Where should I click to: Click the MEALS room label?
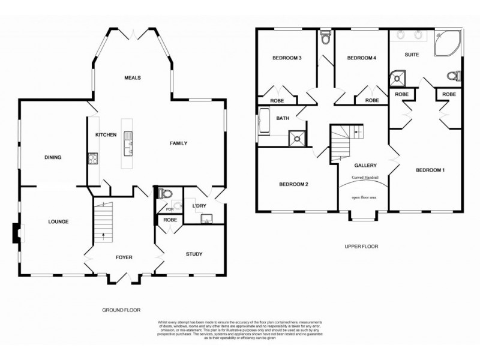pyautogui.click(x=132, y=77)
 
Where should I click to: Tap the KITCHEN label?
pyautogui.click(x=106, y=135)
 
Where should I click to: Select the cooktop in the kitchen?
pyautogui.click(x=93, y=158)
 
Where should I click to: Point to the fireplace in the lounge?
pyautogui.click(x=16, y=233)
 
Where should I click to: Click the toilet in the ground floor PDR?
pyautogui.click(x=164, y=193)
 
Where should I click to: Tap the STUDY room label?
pyautogui.click(x=194, y=254)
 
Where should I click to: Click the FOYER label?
pyautogui.click(x=124, y=257)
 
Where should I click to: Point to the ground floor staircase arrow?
pyautogui.click(x=102, y=234)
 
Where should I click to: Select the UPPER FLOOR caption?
pyautogui.click(x=361, y=246)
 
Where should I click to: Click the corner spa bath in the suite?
pyautogui.click(x=448, y=41)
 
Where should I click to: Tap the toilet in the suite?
pyautogui.click(x=455, y=76)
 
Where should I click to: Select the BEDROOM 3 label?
pyautogui.click(x=286, y=58)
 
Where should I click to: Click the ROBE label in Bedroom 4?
pyautogui.click(x=372, y=100)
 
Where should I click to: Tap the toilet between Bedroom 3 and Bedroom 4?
pyautogui.click(x=326, y=38)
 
